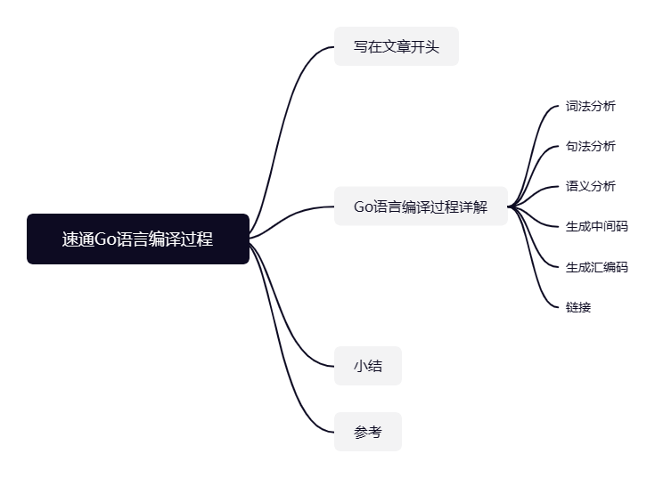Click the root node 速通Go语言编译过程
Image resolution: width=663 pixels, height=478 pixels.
coord(137,239)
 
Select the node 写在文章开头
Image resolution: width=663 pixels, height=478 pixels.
coord(396,46)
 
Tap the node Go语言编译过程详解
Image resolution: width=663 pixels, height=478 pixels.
coord(421,207)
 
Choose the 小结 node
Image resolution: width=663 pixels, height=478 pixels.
coord(367,365)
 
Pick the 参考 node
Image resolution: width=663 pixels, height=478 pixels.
coord(367,432)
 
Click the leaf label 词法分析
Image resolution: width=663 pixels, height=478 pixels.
coord(590,106)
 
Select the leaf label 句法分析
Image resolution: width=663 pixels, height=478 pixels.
coord(590,146)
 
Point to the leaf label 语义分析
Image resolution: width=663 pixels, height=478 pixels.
coord(590,186)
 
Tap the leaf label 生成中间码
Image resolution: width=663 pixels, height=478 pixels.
coord(596,226)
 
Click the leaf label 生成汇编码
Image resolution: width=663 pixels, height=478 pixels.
coord(596,266)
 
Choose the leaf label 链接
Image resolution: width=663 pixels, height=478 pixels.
coord(577,307)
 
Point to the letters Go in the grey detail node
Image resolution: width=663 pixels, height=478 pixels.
coord(364,207)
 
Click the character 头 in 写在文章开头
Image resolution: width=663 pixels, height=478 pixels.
coord(432,46)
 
